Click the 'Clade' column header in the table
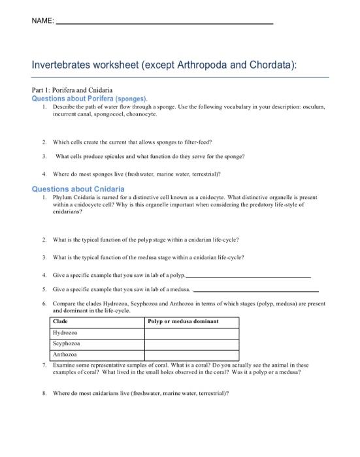[x=60, y=322]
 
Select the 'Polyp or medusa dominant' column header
[x=183, y=322]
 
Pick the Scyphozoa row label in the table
[x=67, y=343]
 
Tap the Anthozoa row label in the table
[x=66, y=355]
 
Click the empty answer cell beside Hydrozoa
[x=191, y=333]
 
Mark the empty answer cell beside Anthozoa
[x=191, y=355]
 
